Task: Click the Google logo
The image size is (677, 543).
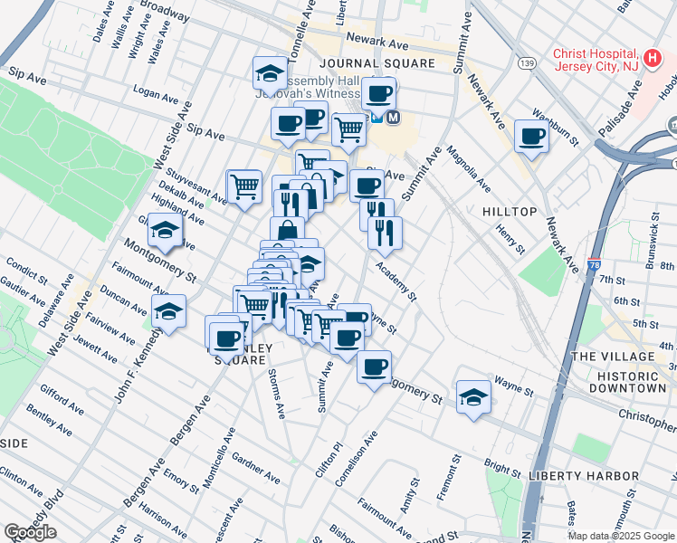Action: pos(30,532)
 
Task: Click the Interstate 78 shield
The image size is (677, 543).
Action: pos(594,265)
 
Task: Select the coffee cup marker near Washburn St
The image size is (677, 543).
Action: pos(531,137)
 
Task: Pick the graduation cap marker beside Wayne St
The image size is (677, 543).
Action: pos(472,396)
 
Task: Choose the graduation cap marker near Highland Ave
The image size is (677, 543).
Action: pos(166,233)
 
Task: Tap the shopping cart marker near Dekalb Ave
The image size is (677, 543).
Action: pos(243,186)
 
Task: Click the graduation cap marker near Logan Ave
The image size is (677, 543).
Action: pos(269,71)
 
